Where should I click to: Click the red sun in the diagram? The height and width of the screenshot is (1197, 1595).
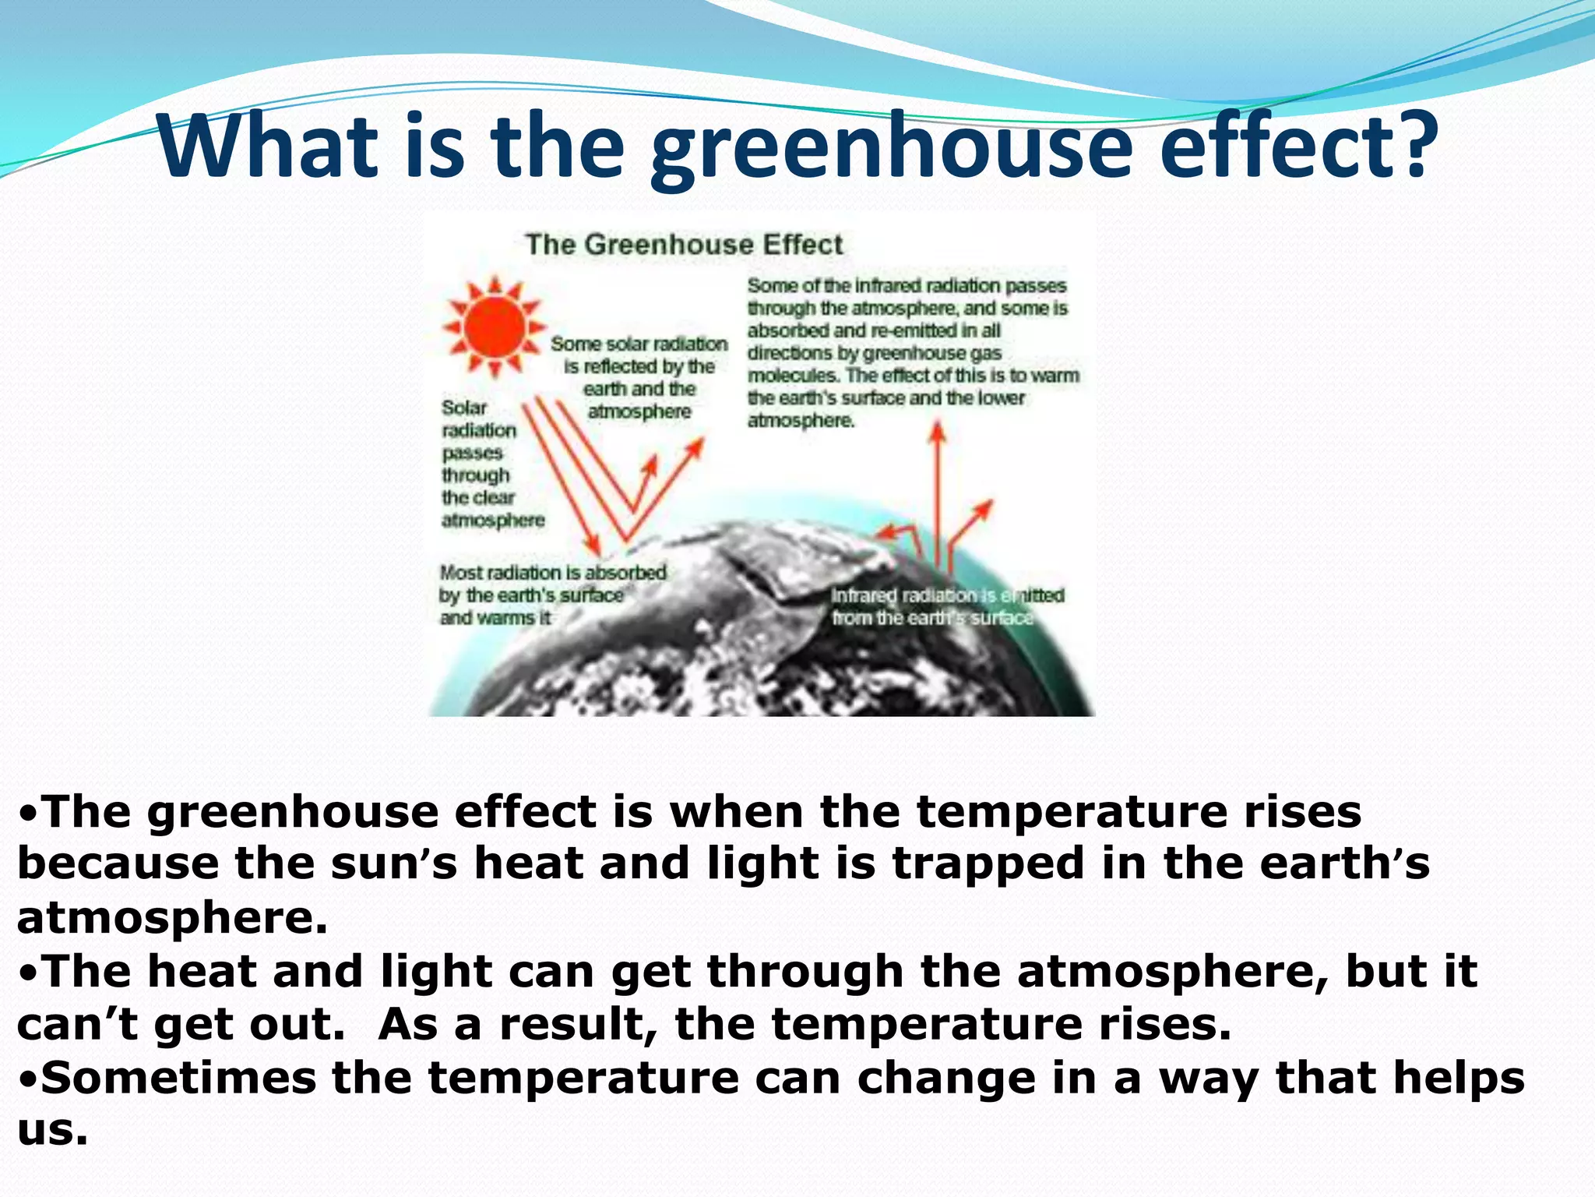pyautogui.click(x=494, y=325)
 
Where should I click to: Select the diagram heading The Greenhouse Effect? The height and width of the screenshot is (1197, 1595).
pyautogui.click(x=684, y=245)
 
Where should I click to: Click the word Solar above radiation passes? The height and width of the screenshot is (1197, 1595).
pyautogui.click(x=464, y=408)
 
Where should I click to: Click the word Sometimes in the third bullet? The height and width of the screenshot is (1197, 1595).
pyautogui.click(x=178, y=1078)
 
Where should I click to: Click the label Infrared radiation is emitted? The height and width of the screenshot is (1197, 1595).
pyautogui.click(x=947, y=595)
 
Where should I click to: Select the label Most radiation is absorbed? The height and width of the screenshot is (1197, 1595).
pyautogui.click(x=553, y=573)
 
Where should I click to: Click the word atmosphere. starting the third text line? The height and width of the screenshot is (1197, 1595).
pyautogui.click(x=171, y=918)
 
